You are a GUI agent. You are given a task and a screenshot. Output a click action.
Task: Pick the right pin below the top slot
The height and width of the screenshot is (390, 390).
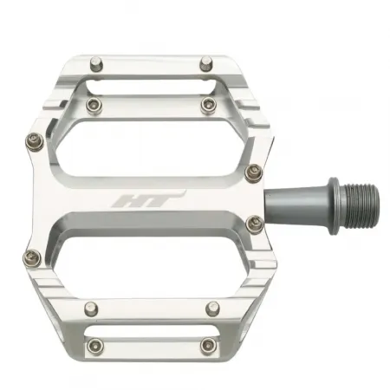click(207, 104)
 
